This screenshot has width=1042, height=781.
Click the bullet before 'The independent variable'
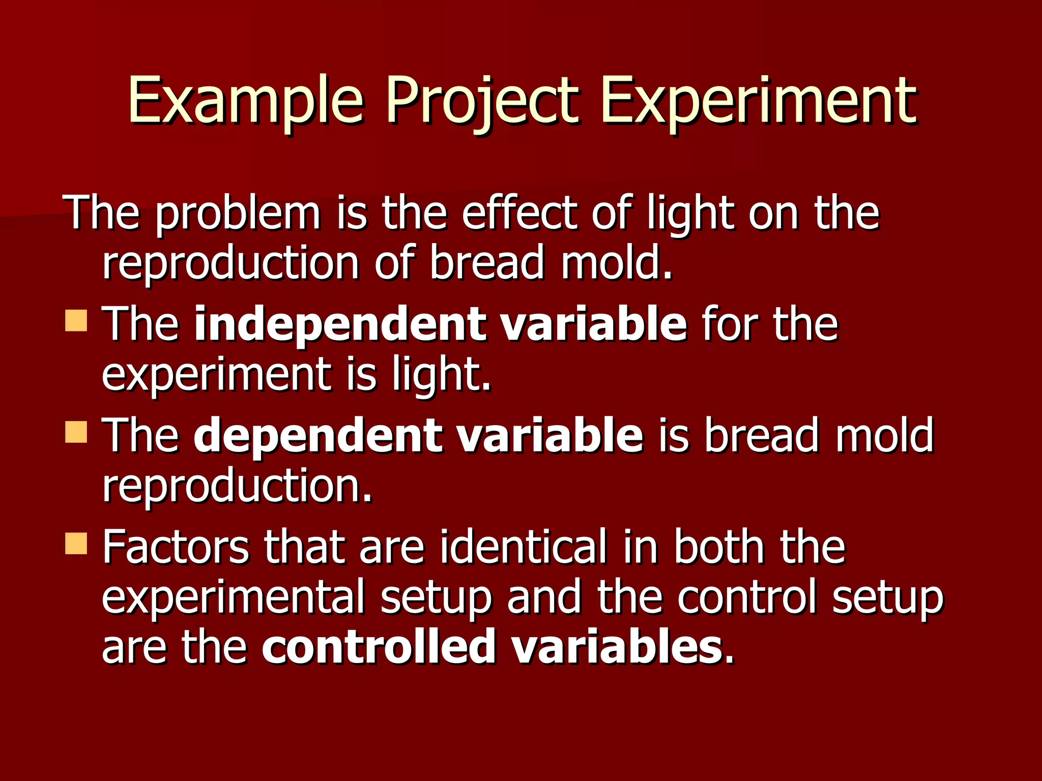click(76, 321)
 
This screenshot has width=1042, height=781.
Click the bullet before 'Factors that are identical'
click(76, 544)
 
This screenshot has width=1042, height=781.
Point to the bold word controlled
click(379, 647)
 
